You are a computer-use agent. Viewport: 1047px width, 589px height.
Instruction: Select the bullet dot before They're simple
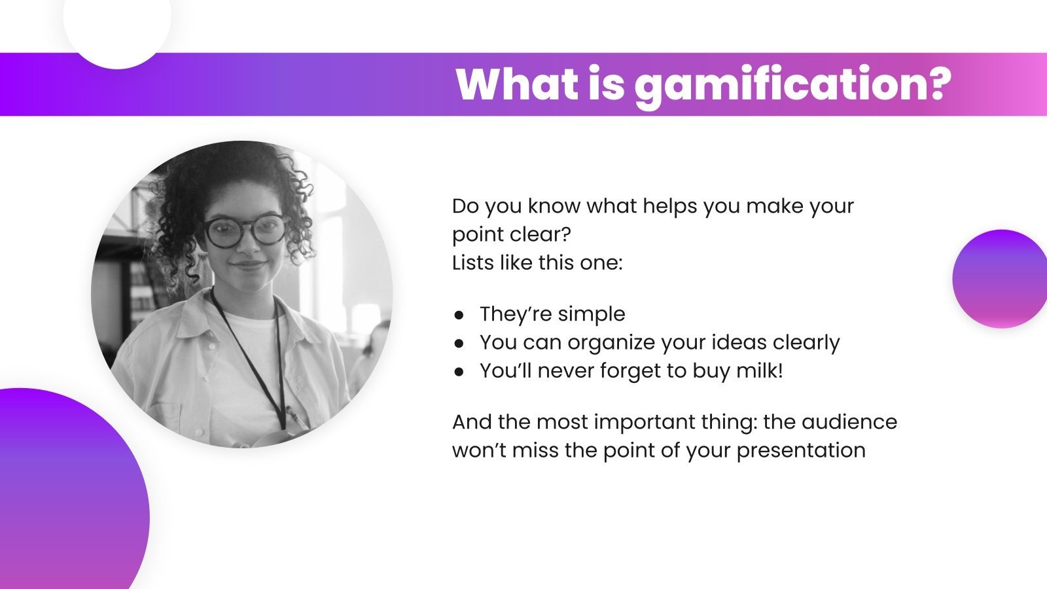tap(459, 315)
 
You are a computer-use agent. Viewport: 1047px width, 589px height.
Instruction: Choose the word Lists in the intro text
tap(473, 263)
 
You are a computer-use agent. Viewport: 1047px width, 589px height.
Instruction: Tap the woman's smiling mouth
tap(249, 265)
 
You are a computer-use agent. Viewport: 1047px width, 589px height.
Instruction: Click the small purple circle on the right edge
tap(1000, 279)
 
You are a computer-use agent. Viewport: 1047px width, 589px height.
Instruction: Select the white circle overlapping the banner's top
tap(118, 26)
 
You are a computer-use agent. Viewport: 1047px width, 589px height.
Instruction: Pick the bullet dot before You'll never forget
tap(459, 372)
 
